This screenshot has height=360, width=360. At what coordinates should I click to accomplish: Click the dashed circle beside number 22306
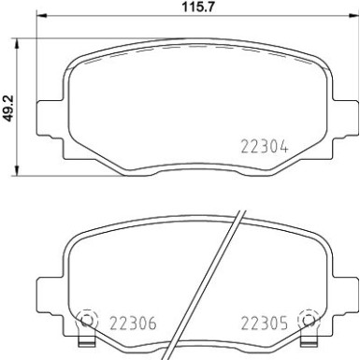88,320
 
